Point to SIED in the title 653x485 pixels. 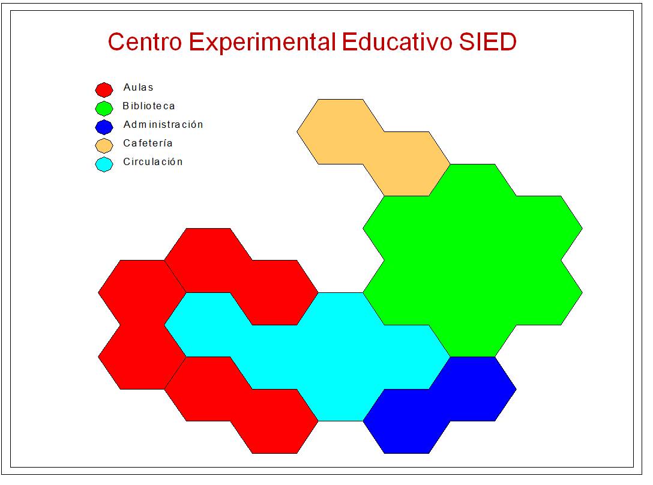[x=487, y=43]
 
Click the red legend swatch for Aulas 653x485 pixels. [x=104, y=89]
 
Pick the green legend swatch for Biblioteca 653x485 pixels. [x=104, y=108]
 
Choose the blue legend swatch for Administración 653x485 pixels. [x=104, y=127]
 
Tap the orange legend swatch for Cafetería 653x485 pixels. [x=104, y=145]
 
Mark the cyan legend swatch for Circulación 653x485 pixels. [x=104, y=164]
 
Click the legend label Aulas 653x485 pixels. [x=138, y=88]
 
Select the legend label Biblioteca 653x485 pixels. [x=149, y=106]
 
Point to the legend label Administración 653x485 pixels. [x=163, y=125]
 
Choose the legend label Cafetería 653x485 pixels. [x=148, y=143]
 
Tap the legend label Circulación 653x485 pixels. [x=152, y=162]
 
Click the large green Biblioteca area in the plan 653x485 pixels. [x=472, y=260]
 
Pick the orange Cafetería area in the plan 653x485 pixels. [x=373, y=147]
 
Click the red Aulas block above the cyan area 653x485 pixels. [x=240, y=276]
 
